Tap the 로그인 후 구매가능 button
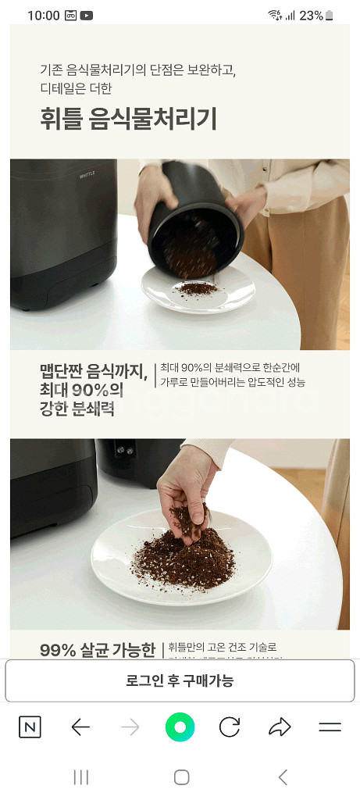coord(180,680)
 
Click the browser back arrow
coord(80,727)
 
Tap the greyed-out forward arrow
coord(130,727)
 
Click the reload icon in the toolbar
coord(230,727)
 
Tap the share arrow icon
coord(279,727)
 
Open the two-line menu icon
coord(330,727)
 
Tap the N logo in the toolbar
coord(30,727)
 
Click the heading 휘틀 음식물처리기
coord(128,120)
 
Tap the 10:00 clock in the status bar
coord(43,16)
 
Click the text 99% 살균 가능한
coord(98,650)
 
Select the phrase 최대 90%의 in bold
coord(82,389)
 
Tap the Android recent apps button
coord(80,777)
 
